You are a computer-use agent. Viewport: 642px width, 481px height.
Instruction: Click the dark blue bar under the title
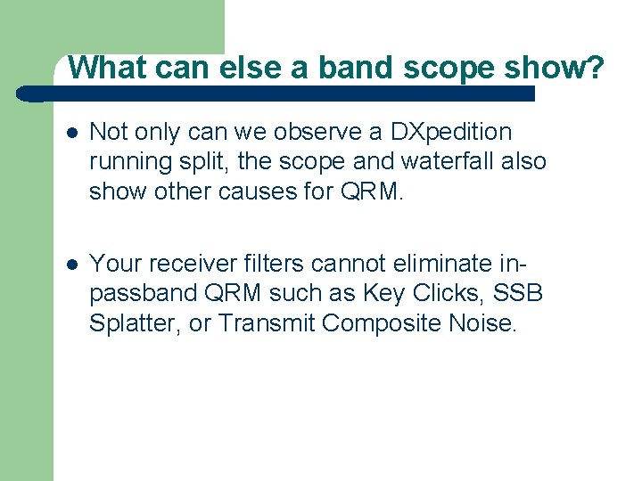pyautogui.click(x=276, y=93)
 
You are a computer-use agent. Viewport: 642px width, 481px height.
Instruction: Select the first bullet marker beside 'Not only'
pyautogui.click(x=70, y=133)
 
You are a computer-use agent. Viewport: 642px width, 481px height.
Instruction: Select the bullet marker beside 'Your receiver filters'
pyautogui.click(x=70, y=264)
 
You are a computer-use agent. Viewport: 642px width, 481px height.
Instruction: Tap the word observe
pyautogui.click(x=317, y=132)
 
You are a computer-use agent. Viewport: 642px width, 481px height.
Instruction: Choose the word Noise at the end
pyautogui.click(x=487, y=322)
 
